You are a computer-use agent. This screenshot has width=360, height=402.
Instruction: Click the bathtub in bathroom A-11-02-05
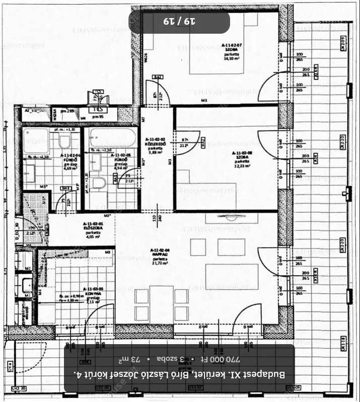113,137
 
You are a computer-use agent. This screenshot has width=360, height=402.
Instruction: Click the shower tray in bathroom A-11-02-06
35,140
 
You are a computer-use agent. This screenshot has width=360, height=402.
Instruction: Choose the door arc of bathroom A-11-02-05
127,179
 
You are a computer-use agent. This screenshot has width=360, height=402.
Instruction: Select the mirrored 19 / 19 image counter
179,22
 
